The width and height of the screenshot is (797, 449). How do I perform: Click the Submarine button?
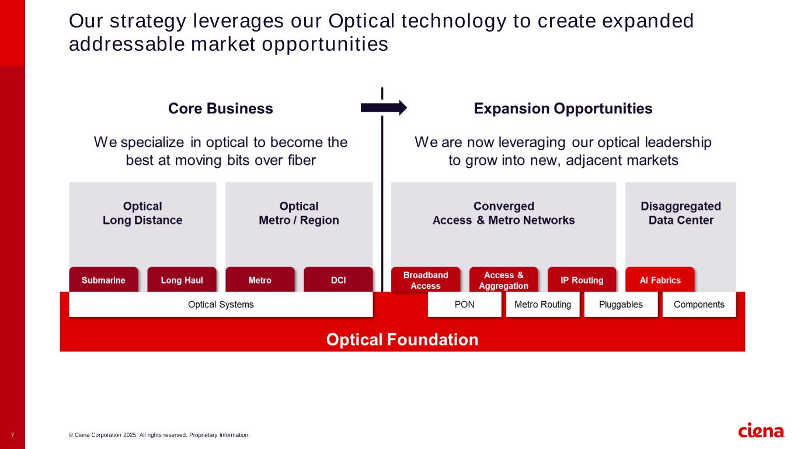click(x=103, y=279)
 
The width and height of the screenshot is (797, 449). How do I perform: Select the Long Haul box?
click(x=182, y=279)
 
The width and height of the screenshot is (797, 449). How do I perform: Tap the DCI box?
click(x=339, y=279)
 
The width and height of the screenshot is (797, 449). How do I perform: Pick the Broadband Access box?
click(x=426, y=279)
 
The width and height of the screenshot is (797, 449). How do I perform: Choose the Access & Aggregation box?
click(x=503, y=279)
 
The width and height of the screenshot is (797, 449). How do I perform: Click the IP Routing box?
click(x=582, y=279)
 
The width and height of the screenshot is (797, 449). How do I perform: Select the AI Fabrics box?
click(x=660, y=279)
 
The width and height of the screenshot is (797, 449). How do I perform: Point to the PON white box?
click(x=464, y=305)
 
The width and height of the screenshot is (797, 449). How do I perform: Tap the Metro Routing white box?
click(x=542, y=305)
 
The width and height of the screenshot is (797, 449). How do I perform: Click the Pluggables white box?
click(x=621, y=305)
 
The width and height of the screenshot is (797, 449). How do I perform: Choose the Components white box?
click(x=699, y=305)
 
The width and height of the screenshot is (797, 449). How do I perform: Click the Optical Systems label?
click(x=221, y=305)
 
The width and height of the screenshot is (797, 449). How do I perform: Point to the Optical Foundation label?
click(x=402, y=340)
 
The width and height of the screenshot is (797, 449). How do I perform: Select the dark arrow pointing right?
click(x=384, y=108)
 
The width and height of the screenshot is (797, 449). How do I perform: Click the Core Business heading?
click(x=221, y=108)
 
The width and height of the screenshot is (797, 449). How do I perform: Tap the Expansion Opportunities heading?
click(x=563, y=108)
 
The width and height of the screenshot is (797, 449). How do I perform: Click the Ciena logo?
click(x=761, y=430)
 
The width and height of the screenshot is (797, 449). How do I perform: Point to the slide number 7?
click(x=12, y=435)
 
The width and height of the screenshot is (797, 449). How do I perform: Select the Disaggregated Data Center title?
click(x=681, y=213)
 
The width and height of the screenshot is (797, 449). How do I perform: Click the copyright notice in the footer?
click(x=159, y=435)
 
